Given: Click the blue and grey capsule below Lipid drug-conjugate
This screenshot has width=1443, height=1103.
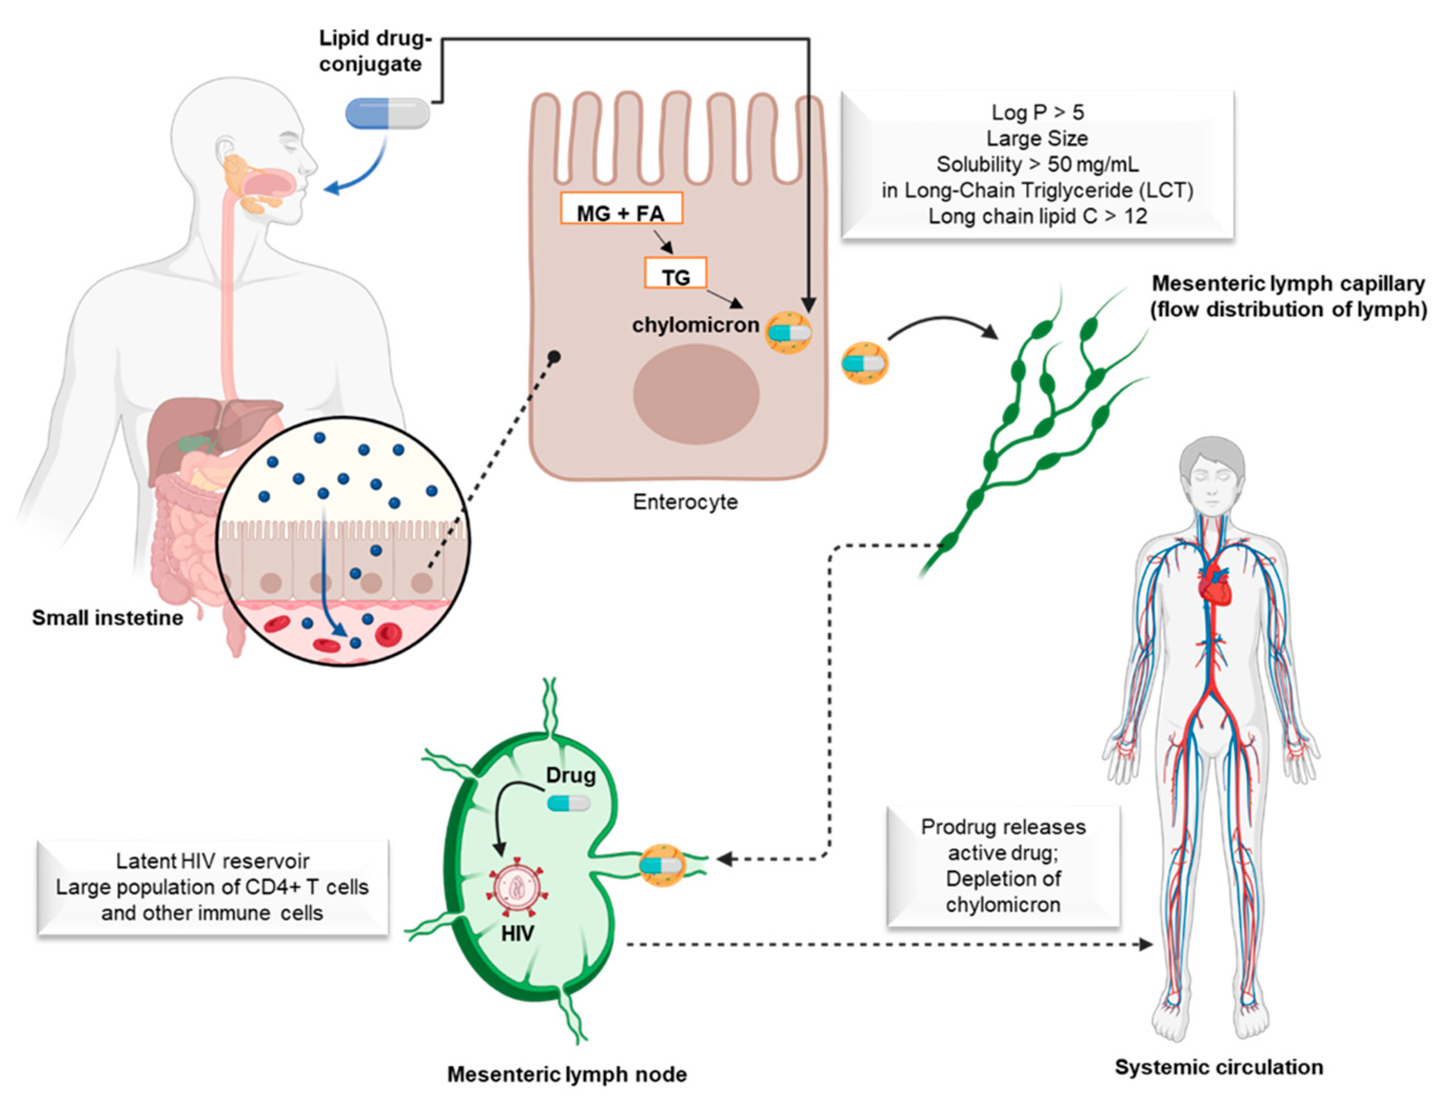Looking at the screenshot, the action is (x=387, y=113).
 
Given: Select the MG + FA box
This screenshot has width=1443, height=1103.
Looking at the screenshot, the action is (x=621, y=208).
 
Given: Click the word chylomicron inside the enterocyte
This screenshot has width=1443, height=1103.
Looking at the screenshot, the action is (x=695, y=325).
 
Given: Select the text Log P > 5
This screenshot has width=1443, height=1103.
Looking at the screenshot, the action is (x=1037, y=112).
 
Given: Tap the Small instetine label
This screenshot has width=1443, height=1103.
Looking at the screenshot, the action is (x=107, y=618).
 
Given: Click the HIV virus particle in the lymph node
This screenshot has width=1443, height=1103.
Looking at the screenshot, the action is (x=517, y=887).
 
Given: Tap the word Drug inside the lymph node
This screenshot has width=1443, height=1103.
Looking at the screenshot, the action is (x=570, y=775).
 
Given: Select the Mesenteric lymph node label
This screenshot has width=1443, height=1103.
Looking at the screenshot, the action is (x=567, y=1075).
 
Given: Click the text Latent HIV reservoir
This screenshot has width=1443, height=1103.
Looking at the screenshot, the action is (x=212, y=861).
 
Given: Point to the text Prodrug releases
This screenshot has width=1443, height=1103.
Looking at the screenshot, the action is (x=1003, y=826).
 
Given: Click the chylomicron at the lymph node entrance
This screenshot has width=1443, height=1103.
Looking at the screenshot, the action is (x=663, y=865).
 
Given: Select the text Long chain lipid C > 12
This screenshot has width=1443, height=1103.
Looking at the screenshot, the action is (x=1037, y=216).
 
